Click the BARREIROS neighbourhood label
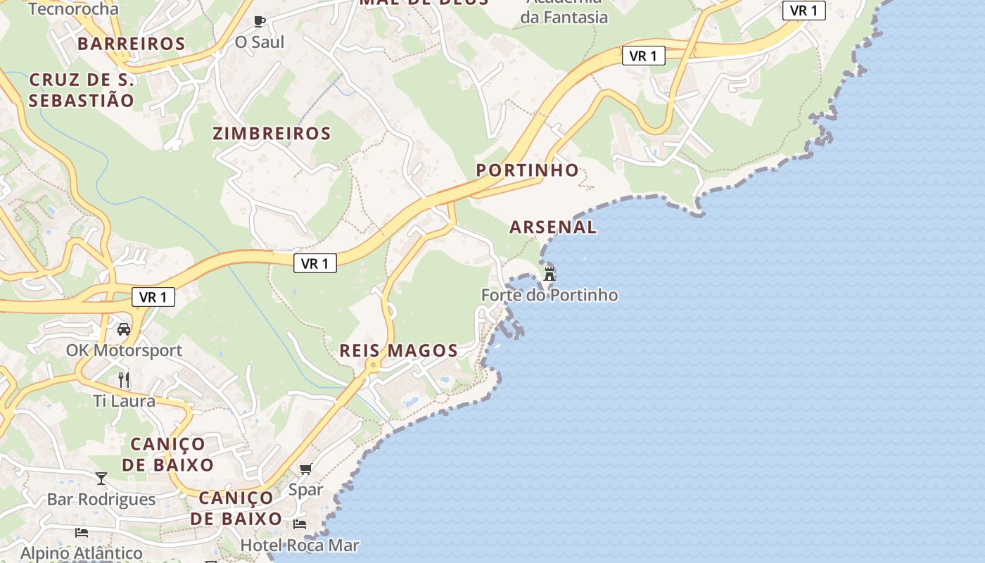(x=131, y=44)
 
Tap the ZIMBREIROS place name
(x=272, y=134)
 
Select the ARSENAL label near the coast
(x=553, y=227)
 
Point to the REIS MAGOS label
(x=398, y=350)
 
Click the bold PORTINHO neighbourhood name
(x=527, y=170)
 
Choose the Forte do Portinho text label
(x=549, y=296)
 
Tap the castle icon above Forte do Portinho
(x=549, y=274)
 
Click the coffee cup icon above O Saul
(x=260, y=21)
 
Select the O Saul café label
(x=260, y=42)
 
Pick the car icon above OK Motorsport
(x=124, y=329)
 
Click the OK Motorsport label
(x=124, y=350)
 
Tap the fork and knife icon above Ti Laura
(x=124, y=380)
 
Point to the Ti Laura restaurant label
(x=124, y=401)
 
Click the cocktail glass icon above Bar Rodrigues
(x=101, y=479)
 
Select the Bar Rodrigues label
(x=101, y=500)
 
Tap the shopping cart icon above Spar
(x=305, y=469)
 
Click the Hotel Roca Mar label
(x=300, y=545)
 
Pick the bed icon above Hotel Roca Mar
(x=300, y=524)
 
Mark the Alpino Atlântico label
(x=81, y=553)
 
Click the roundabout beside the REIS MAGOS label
(x=371, y=365)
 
